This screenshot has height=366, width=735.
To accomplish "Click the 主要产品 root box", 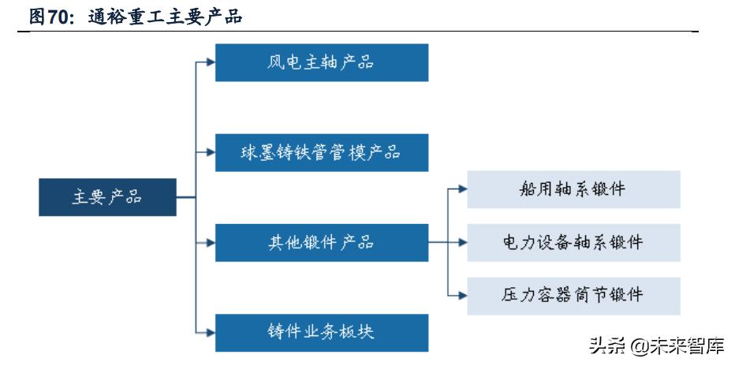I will pyautogui.click(x=106, y=197).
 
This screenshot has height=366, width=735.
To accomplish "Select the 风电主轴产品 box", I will pyautogui.click(x=322, y=62).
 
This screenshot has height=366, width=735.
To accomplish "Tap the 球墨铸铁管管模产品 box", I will pyautogui.click(x=322, y=152).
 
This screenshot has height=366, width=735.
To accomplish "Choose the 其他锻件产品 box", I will pyautogui.click(x=322, y=243).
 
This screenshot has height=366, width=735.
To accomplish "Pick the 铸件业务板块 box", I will pyautogui.click(x=322, y=332).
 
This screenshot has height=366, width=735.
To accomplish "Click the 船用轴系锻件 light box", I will pyautogui.click(x=573, y=189).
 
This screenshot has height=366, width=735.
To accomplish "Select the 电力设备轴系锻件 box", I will pyautogui.click(x=573, y=242).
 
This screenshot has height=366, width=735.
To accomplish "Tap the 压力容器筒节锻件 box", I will pyautogui.click(x=573, y=296).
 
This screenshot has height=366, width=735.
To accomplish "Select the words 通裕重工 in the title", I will pyautogui.click(x=117, y=15).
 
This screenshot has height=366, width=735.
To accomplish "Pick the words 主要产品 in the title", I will pyautogui.click(x=207, y=15).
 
